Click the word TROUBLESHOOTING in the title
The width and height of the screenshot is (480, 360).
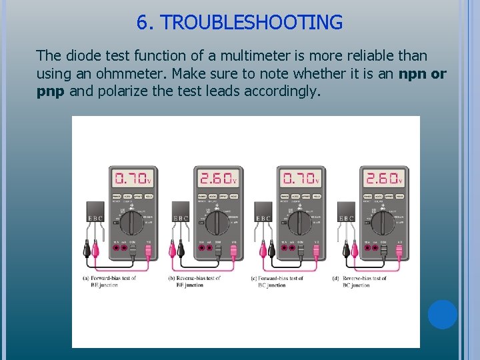click(251, 23)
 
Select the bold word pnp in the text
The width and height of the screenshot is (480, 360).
click(50, 91)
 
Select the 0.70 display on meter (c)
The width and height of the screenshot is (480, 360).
click(301, 179)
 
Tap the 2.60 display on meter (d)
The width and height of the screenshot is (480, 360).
click(383, 179)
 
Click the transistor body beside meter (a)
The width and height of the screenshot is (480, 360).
click(96, 211)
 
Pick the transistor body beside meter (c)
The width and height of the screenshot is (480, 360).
click(263, 211)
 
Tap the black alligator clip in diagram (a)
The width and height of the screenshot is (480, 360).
click(87, 251)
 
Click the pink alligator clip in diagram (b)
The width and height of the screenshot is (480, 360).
click(181, 251)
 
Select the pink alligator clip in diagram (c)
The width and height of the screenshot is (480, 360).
click(263, 251)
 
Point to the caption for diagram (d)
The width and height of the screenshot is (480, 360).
click(360, 281)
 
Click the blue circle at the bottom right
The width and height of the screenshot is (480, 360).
click(443, 315)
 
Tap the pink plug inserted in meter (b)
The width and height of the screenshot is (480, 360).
click(233, 252)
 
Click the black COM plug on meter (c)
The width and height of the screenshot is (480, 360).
click(301, 252)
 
